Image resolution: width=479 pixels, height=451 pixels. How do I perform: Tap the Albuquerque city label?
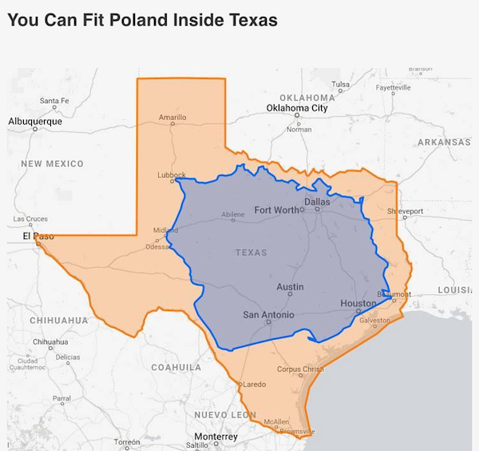click(34, 121)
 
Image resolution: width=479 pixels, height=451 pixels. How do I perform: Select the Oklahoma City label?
click(297, 108)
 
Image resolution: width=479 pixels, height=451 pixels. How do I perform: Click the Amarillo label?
click(172, 118)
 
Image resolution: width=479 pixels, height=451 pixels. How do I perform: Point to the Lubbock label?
click(172, 174)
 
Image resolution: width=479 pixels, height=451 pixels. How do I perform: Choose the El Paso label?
click(37, 236)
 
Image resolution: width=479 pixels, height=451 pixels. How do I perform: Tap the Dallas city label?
click(317, 202)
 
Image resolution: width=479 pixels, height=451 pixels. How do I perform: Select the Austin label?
click(290, 286)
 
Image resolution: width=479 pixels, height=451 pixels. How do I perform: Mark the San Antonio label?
click(268, 315)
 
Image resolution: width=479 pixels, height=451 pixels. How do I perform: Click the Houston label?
click(358, 303)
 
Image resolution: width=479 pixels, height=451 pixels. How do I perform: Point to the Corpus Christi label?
click(300, 369)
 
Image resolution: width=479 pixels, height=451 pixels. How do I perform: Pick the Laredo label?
click(254, 385)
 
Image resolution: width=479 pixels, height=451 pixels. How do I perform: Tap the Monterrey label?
click(216, 437)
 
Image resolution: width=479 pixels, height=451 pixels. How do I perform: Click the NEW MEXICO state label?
click(52, 164)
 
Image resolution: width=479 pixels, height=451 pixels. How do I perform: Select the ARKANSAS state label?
click(444, 142)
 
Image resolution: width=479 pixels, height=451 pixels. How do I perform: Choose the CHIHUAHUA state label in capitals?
click(58, 321)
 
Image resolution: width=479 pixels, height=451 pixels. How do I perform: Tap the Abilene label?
click(232, 214)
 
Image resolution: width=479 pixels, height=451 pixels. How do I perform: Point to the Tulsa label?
click(340, 84)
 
